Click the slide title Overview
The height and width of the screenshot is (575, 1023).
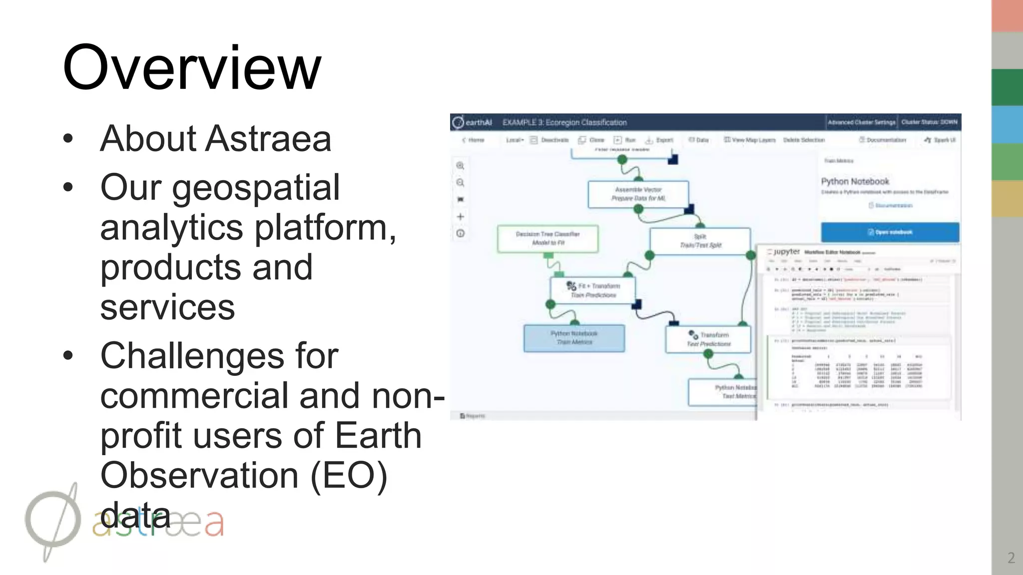point(192,68)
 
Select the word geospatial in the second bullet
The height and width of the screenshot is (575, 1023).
point(256,188)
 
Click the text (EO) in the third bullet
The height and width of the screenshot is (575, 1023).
point(349,475)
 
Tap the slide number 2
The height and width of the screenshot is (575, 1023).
point(1011,558)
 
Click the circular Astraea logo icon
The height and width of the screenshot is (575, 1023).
point(53,520)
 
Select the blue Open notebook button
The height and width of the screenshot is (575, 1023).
point(890,232)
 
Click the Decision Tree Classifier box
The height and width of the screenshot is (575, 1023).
point(547,238)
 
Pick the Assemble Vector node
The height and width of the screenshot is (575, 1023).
point(638,194)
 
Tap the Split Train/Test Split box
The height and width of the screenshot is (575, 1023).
point(700,241)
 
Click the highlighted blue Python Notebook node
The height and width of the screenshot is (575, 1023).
point(574,338)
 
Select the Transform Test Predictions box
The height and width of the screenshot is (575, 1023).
point(708,339)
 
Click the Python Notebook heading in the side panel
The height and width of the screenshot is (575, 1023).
point(855,181)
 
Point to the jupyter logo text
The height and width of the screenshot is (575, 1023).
point(786,252)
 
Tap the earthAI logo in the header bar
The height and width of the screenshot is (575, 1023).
point(473,122)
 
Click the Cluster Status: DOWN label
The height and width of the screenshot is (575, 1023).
point(929,122)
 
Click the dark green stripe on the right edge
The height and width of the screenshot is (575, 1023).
point(1007,87)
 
